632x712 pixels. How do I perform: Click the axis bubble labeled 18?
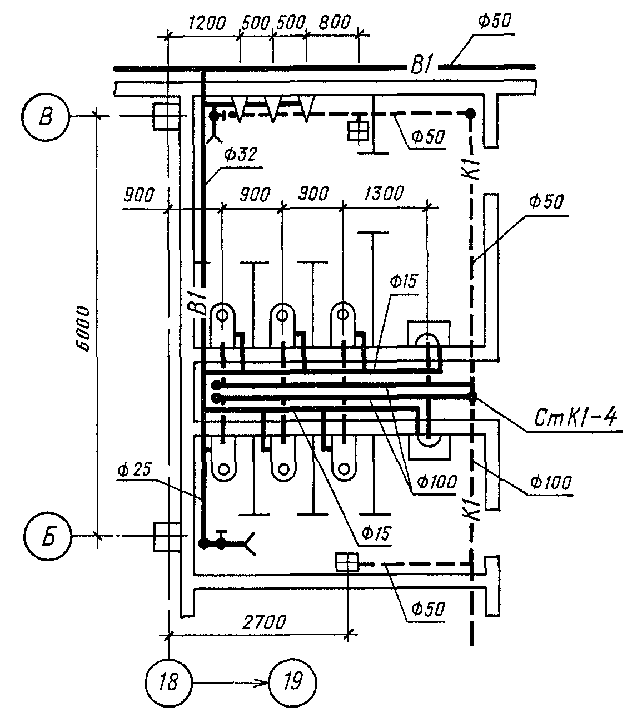pos(169,683)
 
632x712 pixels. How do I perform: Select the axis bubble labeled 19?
pos(292,683)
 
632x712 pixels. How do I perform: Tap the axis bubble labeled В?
pos(46,117)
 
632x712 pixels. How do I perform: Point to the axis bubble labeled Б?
pos(48,536)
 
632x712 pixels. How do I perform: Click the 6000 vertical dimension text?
pos(83,328)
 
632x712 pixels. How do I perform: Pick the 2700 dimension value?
pos(264,622)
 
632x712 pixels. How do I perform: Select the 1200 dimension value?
pos(207,23)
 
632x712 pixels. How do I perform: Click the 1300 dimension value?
pos(384,194)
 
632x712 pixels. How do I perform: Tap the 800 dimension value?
pos(335,22)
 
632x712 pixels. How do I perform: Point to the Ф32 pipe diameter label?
pos(241,155)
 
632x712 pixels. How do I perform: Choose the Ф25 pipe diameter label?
pos(134,470)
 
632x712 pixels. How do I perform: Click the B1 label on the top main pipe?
pos(422,66)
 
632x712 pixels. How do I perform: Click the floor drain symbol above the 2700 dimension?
pos(347,562)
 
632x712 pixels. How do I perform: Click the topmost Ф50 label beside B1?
pos(494,22)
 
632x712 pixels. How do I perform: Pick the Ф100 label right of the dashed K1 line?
pos(550,482)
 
